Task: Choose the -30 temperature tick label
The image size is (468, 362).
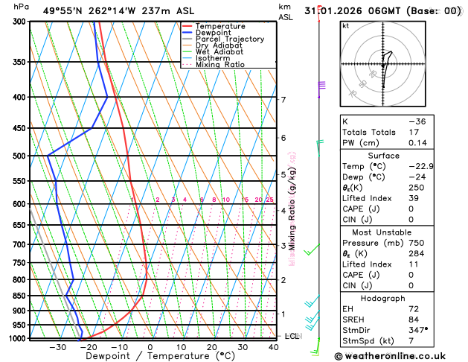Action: click(x=57, y=347)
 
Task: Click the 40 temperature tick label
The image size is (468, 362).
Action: click(x=275, y=347)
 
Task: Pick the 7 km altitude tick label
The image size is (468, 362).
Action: click(x=283, y=99)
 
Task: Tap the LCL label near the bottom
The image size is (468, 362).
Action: click(x=292, y=336)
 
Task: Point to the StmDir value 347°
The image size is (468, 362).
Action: click(x=419, y=330)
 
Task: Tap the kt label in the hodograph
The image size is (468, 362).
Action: click(x=345, y=25)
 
